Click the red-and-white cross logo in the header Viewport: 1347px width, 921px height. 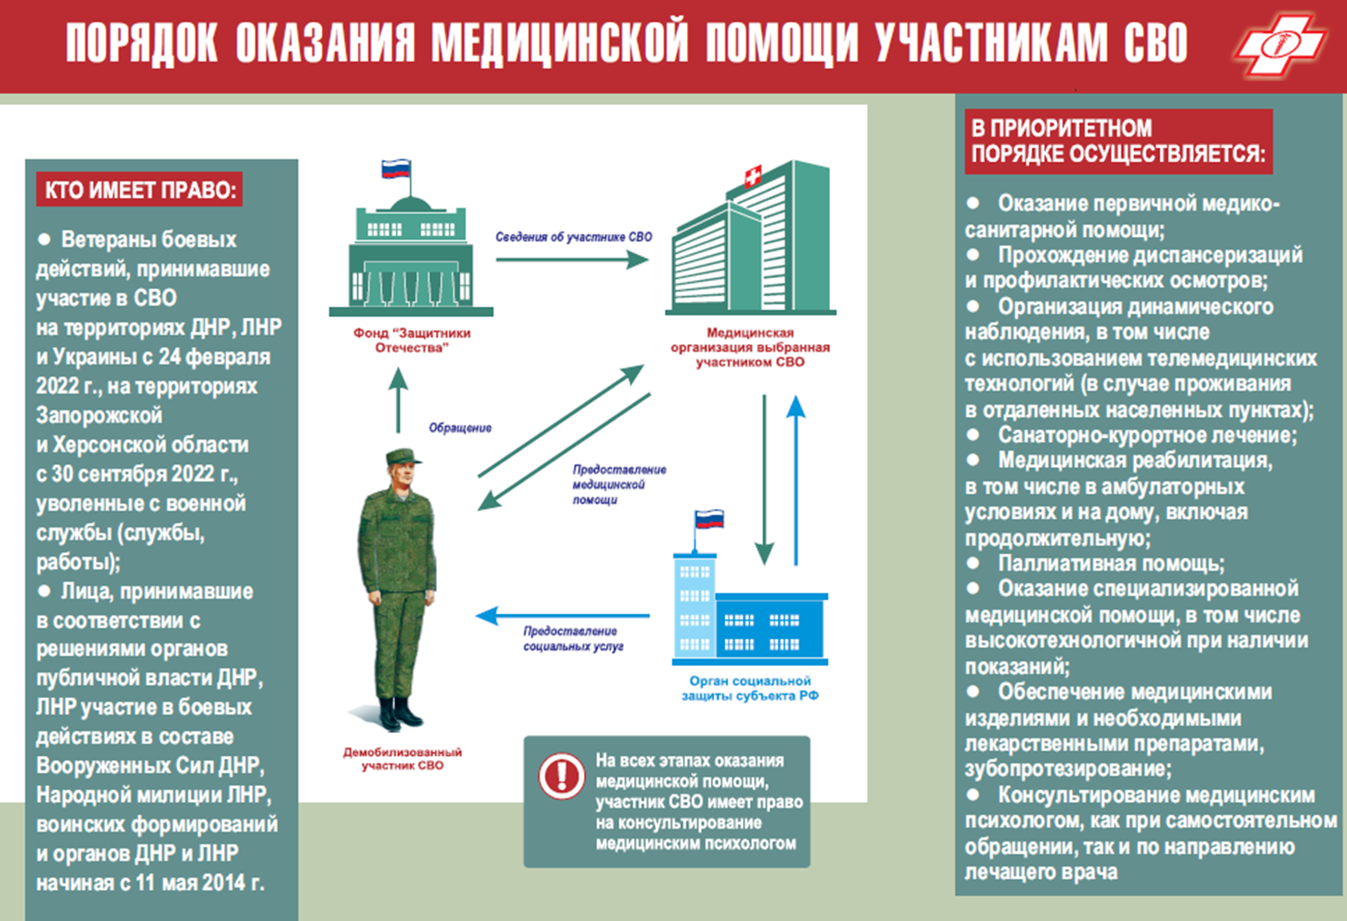[1281, 45]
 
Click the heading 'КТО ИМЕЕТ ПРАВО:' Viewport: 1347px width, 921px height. [140, 190]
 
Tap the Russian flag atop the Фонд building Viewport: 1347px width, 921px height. [396, 168]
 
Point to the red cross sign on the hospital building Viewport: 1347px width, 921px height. [753, 176]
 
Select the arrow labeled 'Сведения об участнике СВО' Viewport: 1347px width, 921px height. [573, 260]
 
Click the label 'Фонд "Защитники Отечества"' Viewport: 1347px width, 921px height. [412, 340]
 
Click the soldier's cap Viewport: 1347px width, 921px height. [403, 457]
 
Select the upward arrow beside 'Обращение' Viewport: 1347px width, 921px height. [398, 400]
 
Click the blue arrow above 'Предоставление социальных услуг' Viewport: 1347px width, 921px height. [562, 615]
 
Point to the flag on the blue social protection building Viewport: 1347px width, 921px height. [709, 519]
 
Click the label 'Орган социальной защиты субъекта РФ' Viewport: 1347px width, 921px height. [750, 688]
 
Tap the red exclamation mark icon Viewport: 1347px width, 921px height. [561, 776]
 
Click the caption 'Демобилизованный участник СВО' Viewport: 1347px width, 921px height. [403, 758]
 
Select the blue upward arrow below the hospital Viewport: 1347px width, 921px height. [796, 480]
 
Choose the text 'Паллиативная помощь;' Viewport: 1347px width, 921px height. [1111, 564]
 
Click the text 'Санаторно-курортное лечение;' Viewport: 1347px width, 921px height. [1148, 434]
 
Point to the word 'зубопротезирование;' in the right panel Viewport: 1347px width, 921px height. [1068, 768]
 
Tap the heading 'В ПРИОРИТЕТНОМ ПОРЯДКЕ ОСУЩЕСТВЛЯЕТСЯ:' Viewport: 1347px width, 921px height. [1118, 141]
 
